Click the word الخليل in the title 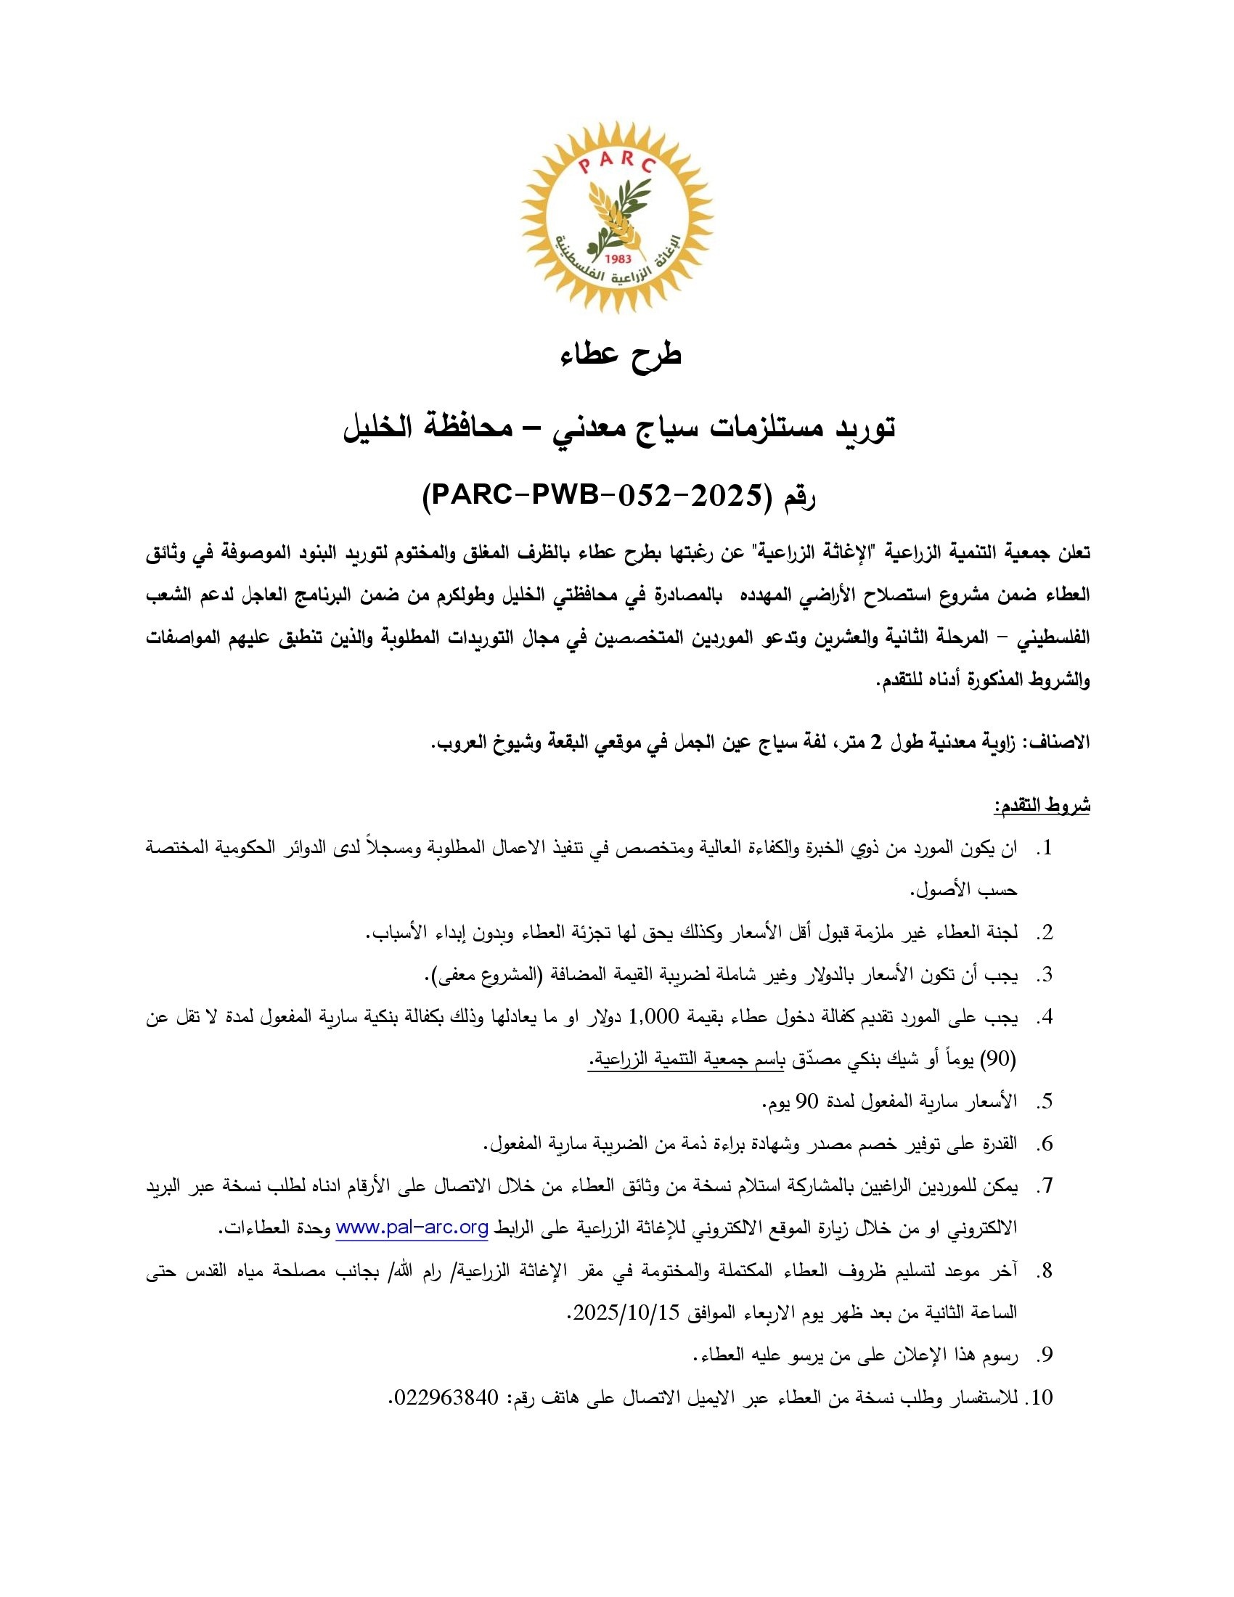pos(388,428)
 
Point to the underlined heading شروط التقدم pos(1041,806)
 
